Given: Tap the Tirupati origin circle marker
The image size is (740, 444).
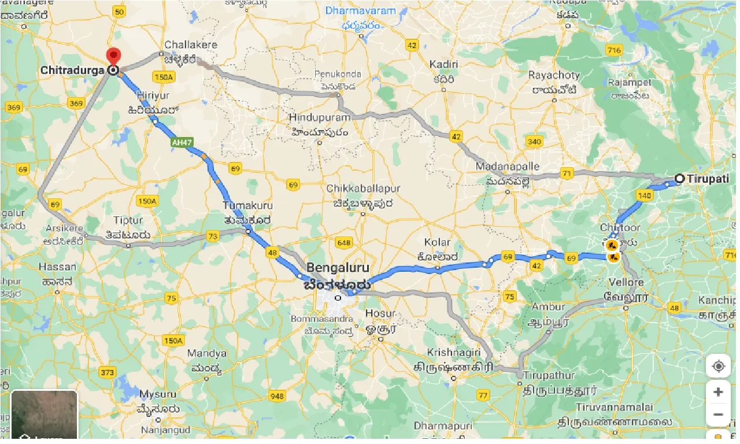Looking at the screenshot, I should coord(680,179).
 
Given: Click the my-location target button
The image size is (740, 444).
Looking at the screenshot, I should coord(718,367).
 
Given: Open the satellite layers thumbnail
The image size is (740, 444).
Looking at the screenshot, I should coord(45,414).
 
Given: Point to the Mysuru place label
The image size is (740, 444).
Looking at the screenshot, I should coord(158,394).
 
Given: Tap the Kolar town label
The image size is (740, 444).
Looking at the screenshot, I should coord(437,242).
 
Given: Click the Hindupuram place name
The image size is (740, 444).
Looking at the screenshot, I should coord(320,117).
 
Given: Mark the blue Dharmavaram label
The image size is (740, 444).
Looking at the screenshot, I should coord(360,10).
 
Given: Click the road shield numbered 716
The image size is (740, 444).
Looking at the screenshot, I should coord(615,50).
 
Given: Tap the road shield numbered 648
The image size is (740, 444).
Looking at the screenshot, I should coord(344,243).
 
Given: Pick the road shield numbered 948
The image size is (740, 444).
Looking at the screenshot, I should coord(277,396).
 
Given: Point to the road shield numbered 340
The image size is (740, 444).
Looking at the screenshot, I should coord(534,142).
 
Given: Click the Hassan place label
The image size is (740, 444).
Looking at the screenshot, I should coord(57,267).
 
